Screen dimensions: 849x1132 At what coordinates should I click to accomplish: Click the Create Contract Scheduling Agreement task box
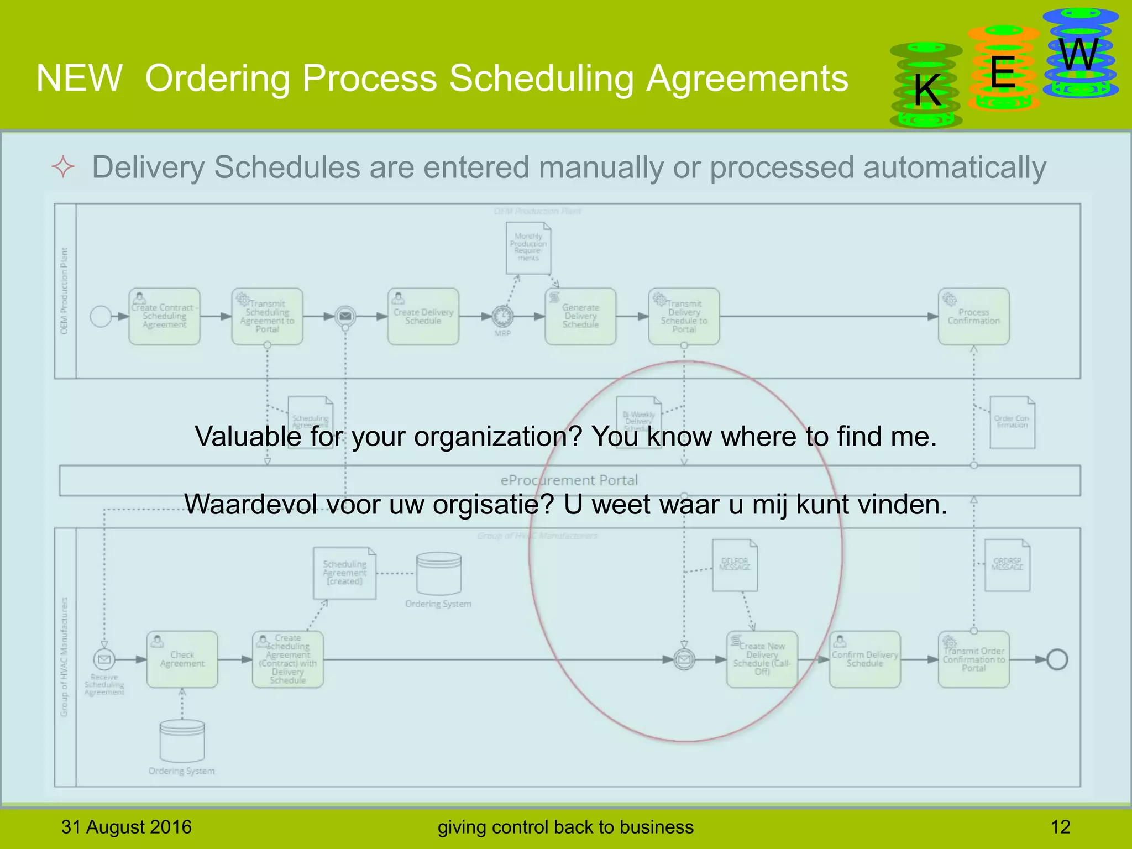(x=164, y=317)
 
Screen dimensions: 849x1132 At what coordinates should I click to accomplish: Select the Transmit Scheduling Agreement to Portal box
(x=267, y=317)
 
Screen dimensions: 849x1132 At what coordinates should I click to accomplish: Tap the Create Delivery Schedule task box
(x=423, y=317)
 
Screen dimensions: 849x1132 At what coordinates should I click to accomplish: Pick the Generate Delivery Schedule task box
(x=580, y=317)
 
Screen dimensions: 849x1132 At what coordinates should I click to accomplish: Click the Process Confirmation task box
(x=973, y=317)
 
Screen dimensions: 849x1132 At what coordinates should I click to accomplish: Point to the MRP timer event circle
(x=502, y=316)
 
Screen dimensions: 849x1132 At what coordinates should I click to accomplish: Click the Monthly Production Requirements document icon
(x=528, y=248)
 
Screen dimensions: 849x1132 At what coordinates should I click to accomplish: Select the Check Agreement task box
(x=182, y=659)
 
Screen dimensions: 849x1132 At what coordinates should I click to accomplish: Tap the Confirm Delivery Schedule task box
(x=864, y=659)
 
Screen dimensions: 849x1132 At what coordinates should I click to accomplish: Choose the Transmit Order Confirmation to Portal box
(x=973, y=659)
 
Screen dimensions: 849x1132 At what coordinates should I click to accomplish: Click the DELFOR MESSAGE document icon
(x=735, y=565)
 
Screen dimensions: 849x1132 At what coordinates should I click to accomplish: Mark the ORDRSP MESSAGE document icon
(x=1007, y=565)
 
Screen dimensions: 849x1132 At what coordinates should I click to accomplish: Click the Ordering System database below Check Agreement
(x=182, y=741)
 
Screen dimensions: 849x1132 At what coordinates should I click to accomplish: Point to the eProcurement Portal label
(x=569, y=480)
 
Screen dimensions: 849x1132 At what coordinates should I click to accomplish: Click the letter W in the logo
(x=1078, y=55)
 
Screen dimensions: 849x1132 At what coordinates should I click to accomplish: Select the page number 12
(x=1060, y=827)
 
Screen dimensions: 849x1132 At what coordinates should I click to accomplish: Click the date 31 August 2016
(x=126, y=827)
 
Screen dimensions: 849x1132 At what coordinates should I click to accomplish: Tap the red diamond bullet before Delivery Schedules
(x=63, y=167)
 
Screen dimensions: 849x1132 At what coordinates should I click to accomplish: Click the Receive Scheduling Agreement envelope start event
(x=104, y=659)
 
